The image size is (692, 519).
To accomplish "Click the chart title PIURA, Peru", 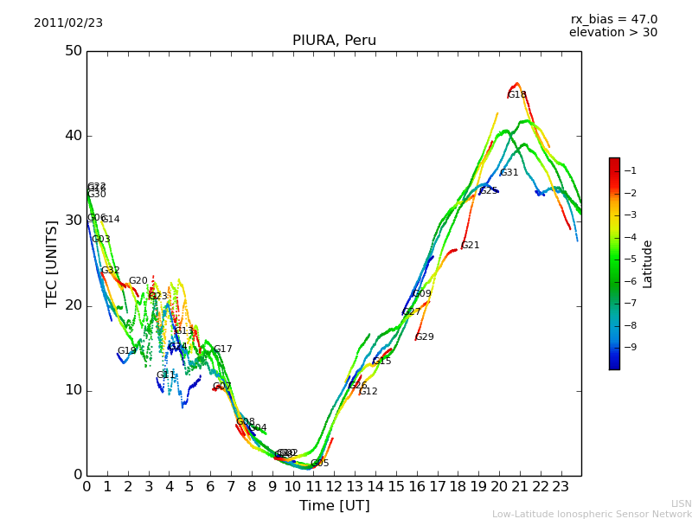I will [x=334, y=41].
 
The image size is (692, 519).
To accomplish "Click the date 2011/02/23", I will [x=68, y=23].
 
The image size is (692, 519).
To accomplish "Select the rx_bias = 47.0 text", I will [x=613, y=20].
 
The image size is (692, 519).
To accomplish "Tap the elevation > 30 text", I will [x=612, y=33].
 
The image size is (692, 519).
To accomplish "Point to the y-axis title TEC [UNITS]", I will [x=52, y=263].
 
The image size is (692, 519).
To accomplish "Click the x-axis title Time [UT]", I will [x=334, y=506].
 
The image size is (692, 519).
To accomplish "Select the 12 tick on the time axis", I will [x=334, y=486].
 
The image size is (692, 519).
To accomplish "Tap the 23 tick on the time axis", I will [x=561, y=486].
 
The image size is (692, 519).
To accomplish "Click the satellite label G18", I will [x=516, y=95].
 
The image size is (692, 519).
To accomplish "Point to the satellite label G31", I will [x=509, y=173].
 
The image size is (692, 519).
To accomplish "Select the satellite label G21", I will [x=470, y=246].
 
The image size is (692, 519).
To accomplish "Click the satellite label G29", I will [x=425, y=337].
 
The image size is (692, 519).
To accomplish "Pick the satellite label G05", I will [x=320, y=464].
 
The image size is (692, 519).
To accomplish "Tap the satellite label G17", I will [x=222, y=349].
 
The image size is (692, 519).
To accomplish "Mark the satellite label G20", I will [x=138, y=281].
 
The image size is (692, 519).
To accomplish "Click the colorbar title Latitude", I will [x=648, y=264].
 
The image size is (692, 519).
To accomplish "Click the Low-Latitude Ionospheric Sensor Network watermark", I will [x=592, y=515].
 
